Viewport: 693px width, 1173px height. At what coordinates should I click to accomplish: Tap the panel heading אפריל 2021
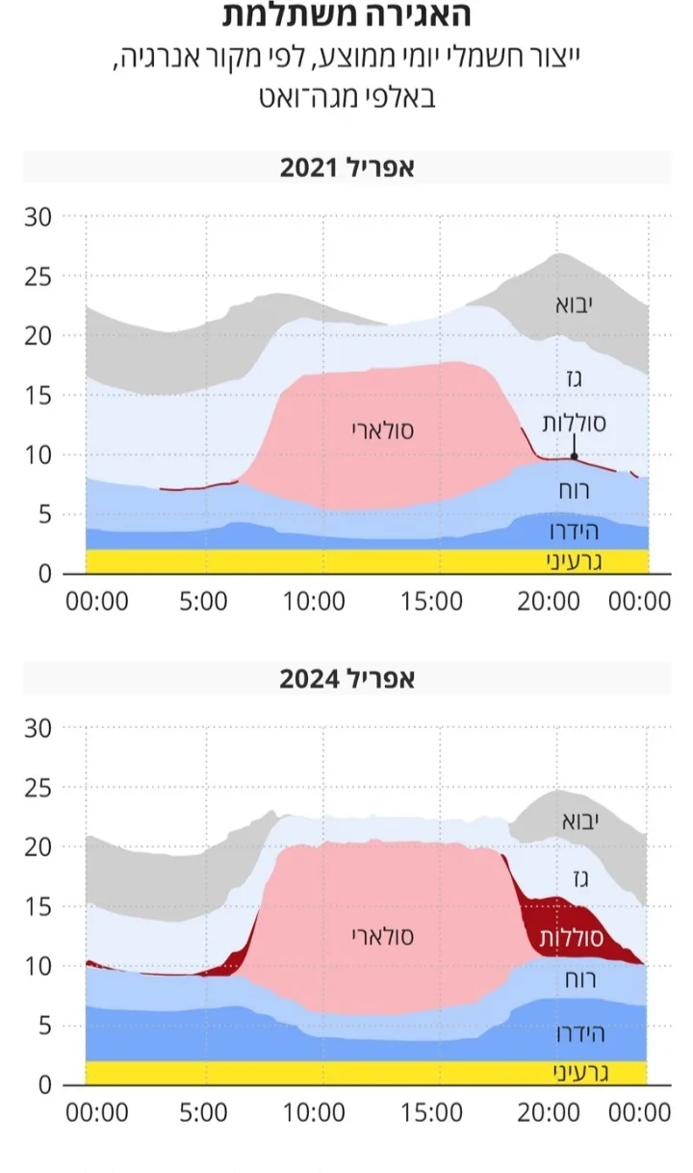click(346, 168)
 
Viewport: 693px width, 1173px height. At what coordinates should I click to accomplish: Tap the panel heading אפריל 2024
click(346, 679)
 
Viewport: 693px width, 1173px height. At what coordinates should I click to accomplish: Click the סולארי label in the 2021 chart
click(382, 430)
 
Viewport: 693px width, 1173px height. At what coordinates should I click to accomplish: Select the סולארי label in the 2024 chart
click(382, 934)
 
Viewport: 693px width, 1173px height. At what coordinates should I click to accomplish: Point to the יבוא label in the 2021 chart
click(574, 305)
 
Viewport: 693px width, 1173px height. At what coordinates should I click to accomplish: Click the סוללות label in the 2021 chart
click(575, 422)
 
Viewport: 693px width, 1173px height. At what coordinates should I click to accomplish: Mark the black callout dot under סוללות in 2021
click(575, 456)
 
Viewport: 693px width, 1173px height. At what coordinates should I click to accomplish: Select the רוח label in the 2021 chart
click(576, 489)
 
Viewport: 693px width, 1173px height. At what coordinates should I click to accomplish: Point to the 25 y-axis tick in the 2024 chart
click(38, 788)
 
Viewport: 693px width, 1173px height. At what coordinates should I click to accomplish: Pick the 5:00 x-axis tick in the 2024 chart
click(203, 1113)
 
